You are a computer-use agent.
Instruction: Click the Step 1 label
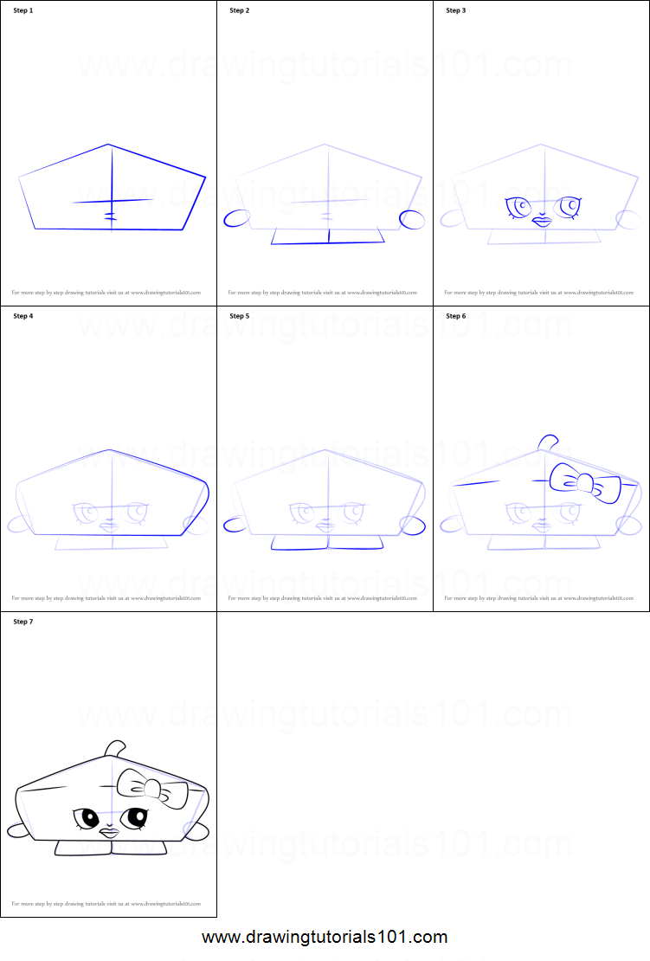point(23,10)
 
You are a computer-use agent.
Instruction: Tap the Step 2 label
point(239,10)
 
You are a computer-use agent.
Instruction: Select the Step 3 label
point(455,10)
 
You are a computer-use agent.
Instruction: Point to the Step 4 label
point(23,316)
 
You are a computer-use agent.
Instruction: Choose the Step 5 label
point(239,316)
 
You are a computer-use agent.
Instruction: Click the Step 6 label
point(455,316)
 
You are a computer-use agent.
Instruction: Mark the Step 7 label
point(23,622)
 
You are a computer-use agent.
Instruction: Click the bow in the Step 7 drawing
point(152,789)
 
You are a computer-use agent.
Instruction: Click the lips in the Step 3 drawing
point(542,221)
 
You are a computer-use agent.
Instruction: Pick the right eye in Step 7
point(135,816)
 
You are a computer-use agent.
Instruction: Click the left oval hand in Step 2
point(235,218)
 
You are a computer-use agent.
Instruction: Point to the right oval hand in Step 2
point(412,218)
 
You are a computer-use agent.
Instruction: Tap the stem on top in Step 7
point(114,748)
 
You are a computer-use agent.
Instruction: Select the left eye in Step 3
point(518,208)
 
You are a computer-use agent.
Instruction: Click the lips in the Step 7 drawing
point(109,832)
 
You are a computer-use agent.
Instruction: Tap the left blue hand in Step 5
point(235,524)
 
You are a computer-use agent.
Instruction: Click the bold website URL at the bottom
point(325,937)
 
